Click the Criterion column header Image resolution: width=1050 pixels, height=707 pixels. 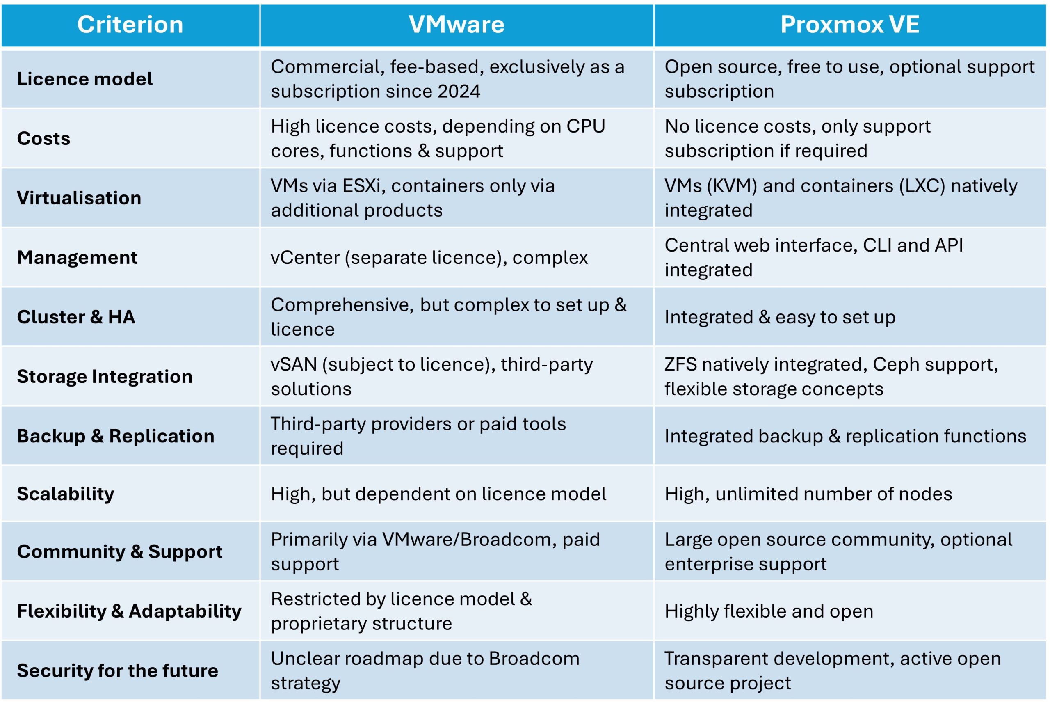point(130,24)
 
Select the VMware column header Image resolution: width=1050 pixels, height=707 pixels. point(457,24)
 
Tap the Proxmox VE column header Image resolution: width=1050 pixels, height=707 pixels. point(850,24)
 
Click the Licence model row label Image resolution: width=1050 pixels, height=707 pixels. point(85,79)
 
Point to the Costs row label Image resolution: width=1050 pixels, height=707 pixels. point(44,138)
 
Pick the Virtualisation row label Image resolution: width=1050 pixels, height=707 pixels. point(79,198)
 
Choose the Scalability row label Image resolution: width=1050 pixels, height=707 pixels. point(65,494)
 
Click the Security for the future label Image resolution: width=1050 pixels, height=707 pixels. point(117,670)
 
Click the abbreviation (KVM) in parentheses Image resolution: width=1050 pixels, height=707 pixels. point(732,186)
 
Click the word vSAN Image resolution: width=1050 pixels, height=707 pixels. point(294,364)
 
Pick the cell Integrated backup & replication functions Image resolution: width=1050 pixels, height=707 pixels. point(845,436)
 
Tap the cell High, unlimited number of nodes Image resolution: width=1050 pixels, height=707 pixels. point(808,494)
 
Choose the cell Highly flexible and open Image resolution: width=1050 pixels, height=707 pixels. point(769,611)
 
